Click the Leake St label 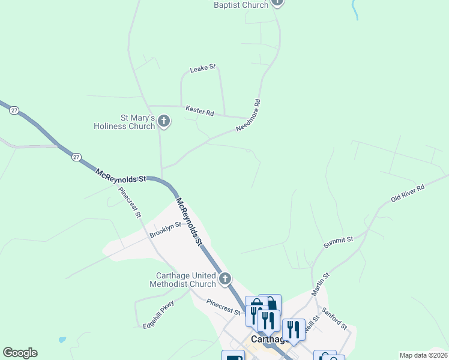coord(202,69)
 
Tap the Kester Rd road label coord(200,112)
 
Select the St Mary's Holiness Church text coord(124,122)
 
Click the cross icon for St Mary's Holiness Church coord(164,122)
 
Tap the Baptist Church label coord(241,5)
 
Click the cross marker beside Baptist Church coord(277,2)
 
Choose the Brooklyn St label coord(165,230)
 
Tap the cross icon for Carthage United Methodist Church coord(225,278)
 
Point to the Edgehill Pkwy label coord(158,313)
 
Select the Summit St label coord(339,242)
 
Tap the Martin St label coord(321,284)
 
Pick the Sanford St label coord(334,318)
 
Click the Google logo coord(20,353)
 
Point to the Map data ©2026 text coord(423,355)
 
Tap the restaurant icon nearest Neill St coord(294,329)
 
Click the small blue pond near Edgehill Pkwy coord(62,340)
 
